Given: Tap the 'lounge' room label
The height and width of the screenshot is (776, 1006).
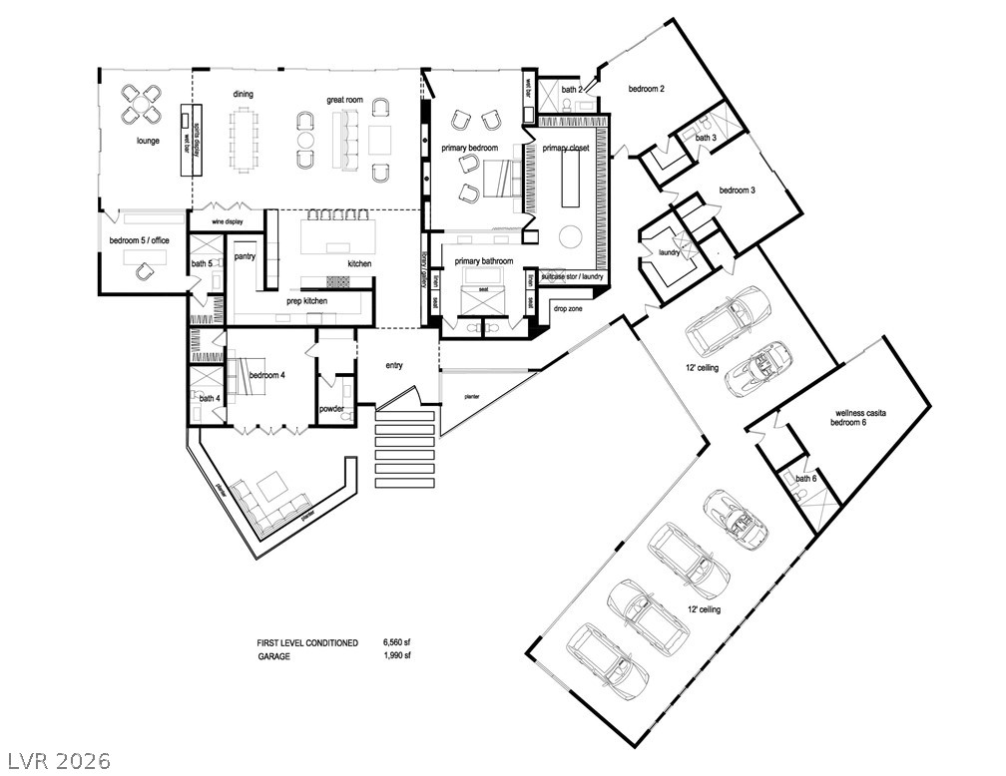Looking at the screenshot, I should point(149,142).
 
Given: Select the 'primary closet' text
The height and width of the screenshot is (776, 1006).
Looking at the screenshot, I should point(566,149).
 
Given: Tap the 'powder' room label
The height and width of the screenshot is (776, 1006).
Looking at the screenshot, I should point(331,409).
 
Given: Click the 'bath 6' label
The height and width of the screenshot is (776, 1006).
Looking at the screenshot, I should point(806,479).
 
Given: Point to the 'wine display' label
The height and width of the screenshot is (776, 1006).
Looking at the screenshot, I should point(229,221).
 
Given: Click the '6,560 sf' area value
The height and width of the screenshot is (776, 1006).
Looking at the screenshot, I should point(397,643).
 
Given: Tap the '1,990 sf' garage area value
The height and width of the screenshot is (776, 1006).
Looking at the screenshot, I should point(397,656).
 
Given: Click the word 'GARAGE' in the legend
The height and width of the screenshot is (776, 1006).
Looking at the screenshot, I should point(274,656).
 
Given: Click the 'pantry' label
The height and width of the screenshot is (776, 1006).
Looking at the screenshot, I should point(245,256).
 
